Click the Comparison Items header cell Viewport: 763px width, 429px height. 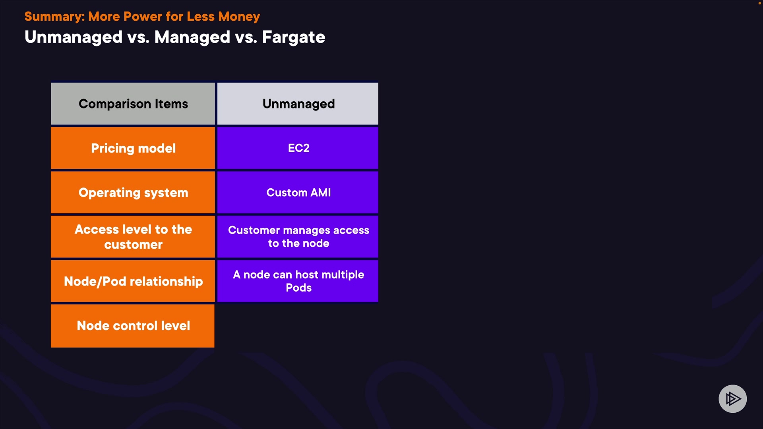point(133,104)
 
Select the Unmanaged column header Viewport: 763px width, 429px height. point(298,104)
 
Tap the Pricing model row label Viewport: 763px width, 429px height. point(133,148)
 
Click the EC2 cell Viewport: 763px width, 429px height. point(298,148)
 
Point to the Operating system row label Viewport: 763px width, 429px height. point(133,193)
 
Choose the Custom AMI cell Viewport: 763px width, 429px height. point(298,193)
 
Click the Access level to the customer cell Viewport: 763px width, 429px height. point(133,237)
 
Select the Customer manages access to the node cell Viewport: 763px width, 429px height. point(298,237)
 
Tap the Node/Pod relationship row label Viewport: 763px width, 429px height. point(133,281)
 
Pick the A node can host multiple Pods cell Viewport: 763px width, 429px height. point(298,281)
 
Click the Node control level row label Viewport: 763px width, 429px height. point(133,326)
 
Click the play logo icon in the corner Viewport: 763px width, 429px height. point(733,399)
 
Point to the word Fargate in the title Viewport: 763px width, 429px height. point(294,37)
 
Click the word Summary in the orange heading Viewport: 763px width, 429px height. point(54,17)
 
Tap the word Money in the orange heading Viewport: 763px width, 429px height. point(239,17)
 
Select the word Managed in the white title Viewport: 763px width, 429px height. point(192,37)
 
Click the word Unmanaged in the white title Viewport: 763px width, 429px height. point(74,37)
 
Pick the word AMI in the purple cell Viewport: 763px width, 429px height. point(321,193)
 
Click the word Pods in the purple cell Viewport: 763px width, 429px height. point(299,288)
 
